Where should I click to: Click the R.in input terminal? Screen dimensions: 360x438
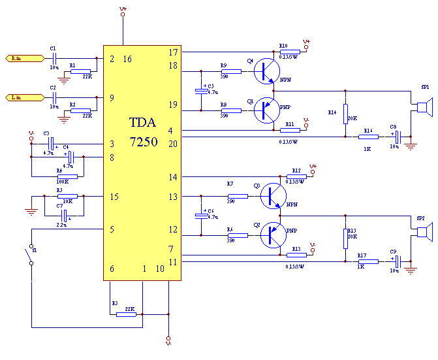[18, 58]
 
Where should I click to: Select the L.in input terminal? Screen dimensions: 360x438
[18, 97]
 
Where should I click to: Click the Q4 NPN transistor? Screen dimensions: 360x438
[266, 71]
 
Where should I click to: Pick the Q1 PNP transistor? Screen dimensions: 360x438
[266, 110]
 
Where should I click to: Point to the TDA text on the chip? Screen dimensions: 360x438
[143, 122]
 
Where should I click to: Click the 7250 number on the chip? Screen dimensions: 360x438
[143, 140]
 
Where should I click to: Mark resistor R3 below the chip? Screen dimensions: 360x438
[125, 314]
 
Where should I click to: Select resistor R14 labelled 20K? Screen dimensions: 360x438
[345, 112]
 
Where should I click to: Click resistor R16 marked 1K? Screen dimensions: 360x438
[369, 137]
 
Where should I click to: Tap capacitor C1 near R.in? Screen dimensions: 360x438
[54, 59]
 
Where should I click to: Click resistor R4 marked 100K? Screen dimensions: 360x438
[67, 176]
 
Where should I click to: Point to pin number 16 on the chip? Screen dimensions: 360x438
[127, 59]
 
